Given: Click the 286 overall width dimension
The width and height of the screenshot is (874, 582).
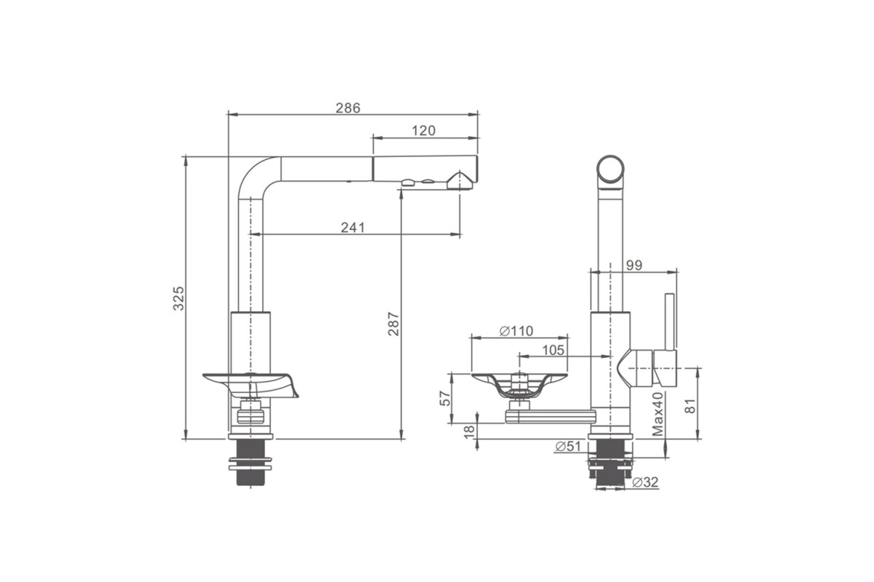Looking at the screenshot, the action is click(x=347, y=108).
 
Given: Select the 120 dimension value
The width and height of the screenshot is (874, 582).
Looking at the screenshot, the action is click(x=423, y=131).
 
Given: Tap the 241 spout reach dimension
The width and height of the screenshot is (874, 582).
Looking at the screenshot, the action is click(x=353, y=227).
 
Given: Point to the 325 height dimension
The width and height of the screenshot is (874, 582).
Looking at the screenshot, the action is click(x=178, y=298).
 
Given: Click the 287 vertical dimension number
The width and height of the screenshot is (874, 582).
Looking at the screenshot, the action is click(x=393, y=324).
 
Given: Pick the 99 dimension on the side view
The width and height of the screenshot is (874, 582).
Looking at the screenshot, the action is click(x=634, y=265).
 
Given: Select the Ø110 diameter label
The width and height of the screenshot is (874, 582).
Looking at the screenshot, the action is click(x=516, y=331).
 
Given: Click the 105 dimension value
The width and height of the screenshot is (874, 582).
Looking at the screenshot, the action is click(x=553, y=350).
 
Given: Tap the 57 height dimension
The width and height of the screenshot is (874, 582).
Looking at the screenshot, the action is click(x=445, y=398).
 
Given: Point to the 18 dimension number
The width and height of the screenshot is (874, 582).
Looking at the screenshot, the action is click(x=469, y=431).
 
